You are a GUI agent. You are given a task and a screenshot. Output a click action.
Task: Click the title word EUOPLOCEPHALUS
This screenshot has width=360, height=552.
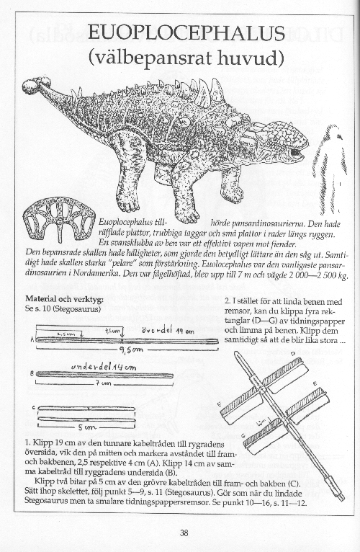tap(185, 32)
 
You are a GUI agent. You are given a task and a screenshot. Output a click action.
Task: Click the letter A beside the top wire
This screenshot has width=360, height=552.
tap(31, 339)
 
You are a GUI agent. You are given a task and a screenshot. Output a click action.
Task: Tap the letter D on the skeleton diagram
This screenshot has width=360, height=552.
tap(292, 355)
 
